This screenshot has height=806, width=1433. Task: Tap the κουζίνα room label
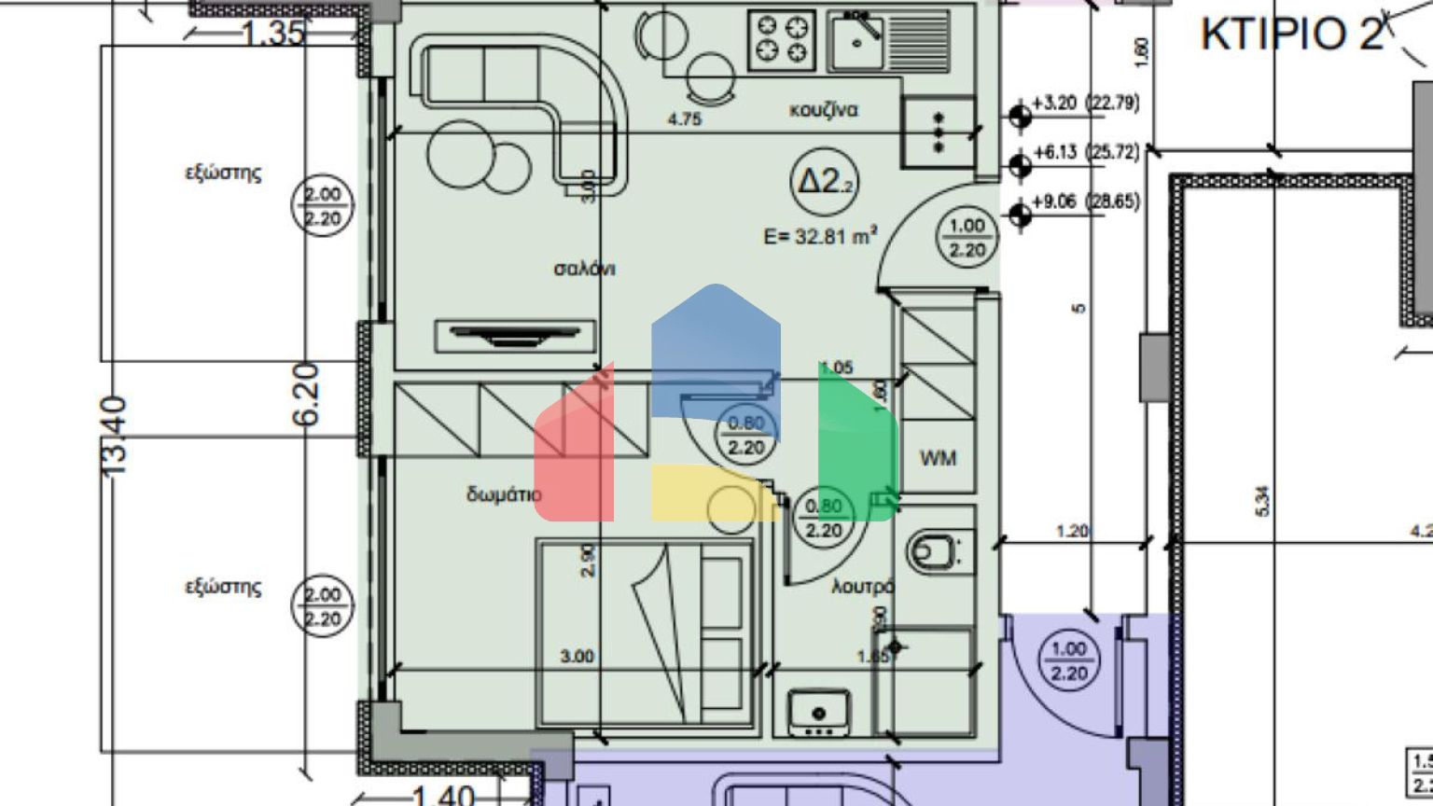(x=823, y=110)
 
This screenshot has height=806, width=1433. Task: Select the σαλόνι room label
(x=585, y=270)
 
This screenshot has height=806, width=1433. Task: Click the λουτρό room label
(x=863, y=587)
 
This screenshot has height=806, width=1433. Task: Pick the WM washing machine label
(x=938, y=459)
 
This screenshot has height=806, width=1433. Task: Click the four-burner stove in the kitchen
(x=782, y=38)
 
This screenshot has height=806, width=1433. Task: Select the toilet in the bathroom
(x=937, y=550)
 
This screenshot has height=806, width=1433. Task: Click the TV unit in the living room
(x=515, y=335)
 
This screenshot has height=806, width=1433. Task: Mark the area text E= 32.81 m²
(x=820, y=236)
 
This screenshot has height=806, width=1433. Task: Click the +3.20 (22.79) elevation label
(x=1085, y=103)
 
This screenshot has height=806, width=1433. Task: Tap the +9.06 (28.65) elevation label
(x=1085, y=201)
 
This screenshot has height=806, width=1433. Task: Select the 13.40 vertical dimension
(x=114, y=436)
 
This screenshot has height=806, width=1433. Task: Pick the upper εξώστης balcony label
(x=223, y=173)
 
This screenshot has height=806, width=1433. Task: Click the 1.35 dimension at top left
(x=272, y=34)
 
